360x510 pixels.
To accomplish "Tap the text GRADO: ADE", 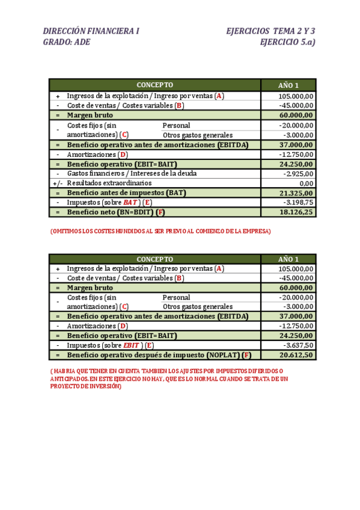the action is coord(67,42).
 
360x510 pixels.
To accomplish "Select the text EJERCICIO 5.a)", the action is coord(288,42).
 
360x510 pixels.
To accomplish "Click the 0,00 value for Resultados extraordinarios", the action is coord(306,183).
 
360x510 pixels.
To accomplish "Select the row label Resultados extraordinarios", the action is coord(109,183).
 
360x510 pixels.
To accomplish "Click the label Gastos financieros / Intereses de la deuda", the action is coord(132,173).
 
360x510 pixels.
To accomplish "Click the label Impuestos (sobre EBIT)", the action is coord(110,346).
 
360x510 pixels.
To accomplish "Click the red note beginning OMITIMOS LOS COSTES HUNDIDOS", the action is coord(160,231).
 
